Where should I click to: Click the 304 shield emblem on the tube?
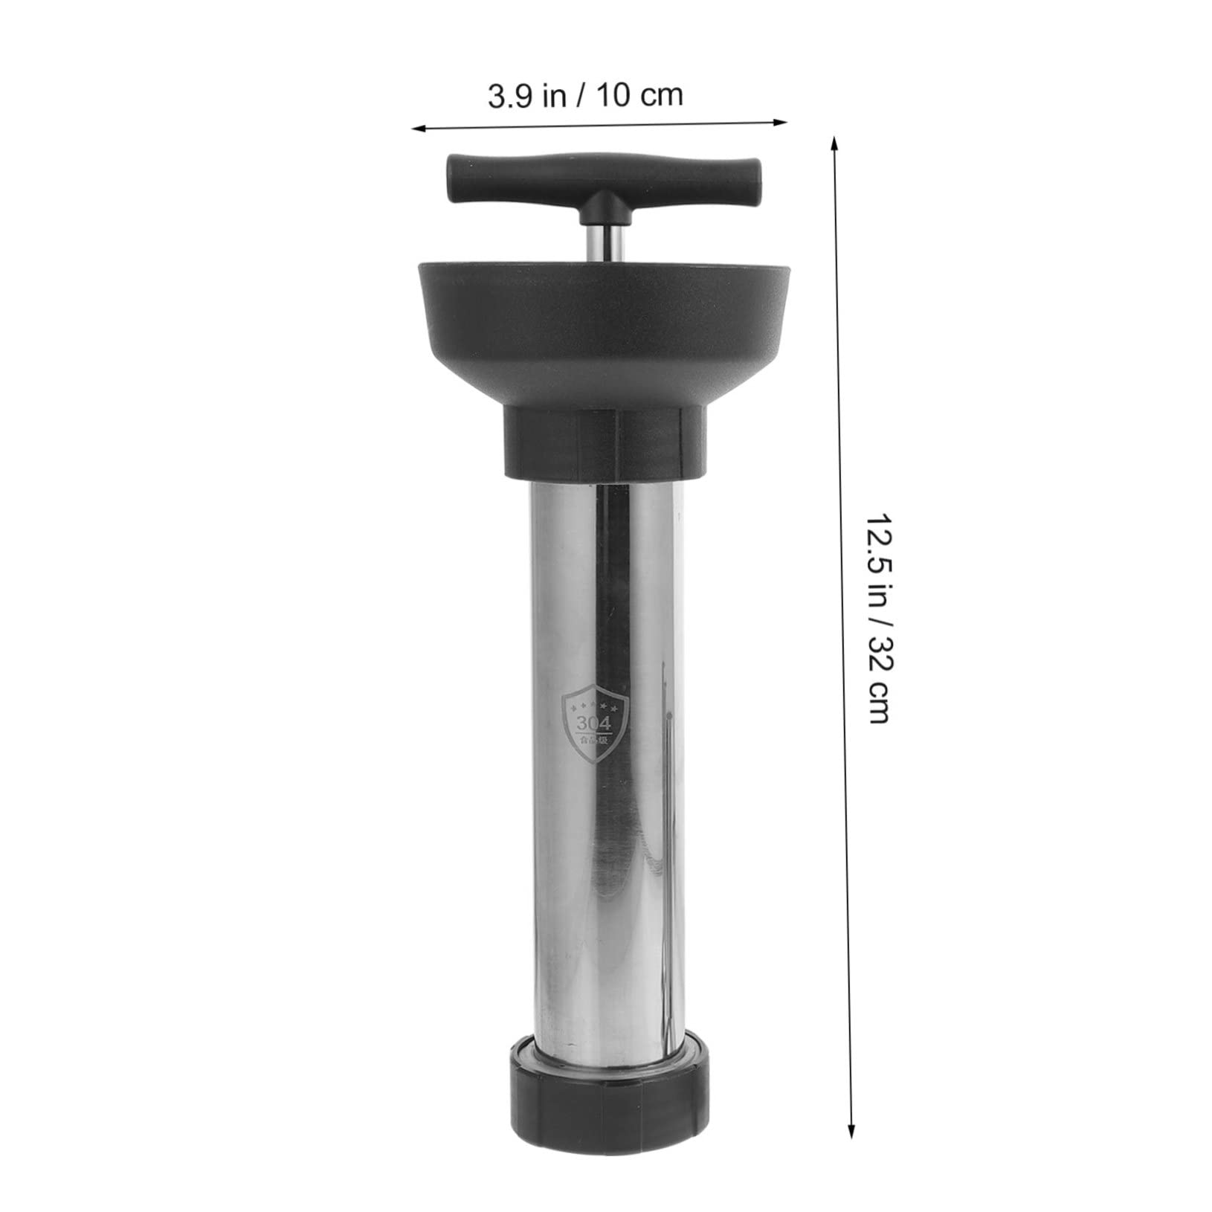pos(597,722)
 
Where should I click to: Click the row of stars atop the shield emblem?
pos(597,704)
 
